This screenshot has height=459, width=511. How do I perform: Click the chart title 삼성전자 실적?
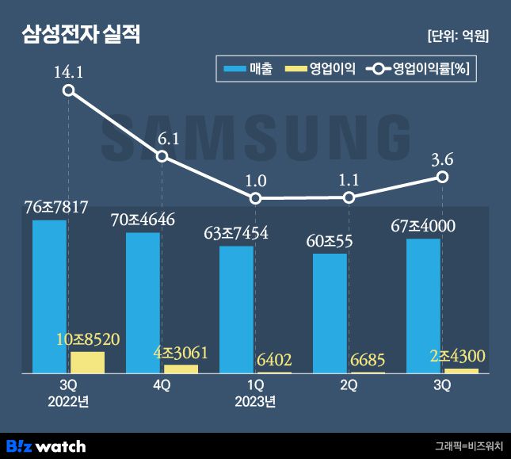(82, 35)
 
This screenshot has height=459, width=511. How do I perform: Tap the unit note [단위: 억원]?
(457, 36)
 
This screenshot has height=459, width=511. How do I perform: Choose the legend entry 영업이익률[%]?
(419, 70)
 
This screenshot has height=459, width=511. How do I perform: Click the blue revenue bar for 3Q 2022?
(49, 296)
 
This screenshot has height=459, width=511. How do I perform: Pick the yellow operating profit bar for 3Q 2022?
(87, 362)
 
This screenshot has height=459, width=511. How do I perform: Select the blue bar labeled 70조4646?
(143, 302)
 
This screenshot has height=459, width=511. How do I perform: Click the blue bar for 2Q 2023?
(330, 313)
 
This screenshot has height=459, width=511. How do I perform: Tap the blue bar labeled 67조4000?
(423, 305)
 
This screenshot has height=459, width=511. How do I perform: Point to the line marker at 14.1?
(69, 90)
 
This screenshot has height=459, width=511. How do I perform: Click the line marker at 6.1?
(162, 156)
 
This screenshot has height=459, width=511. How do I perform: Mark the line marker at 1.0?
(255, 198)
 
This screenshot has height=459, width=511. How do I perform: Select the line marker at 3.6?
(444, 177)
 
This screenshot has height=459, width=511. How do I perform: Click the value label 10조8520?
(88, 339)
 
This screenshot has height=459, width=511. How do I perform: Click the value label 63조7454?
(235, 233)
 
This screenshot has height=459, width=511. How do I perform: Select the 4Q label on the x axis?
(162, 385)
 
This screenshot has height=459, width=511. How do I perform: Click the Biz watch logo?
(45, 446)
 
